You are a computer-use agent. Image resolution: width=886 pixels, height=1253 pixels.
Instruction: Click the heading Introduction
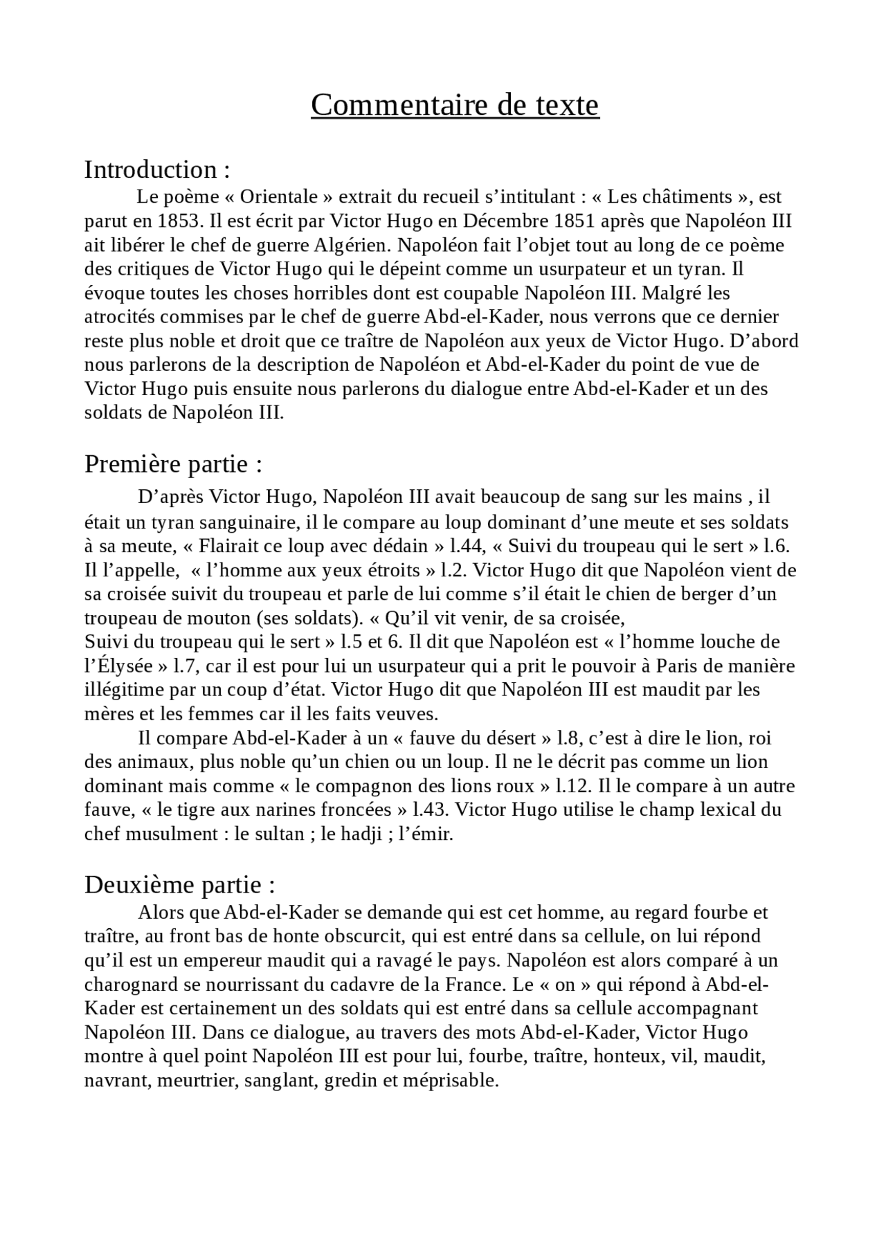pyautogui.click(x=156, y=170)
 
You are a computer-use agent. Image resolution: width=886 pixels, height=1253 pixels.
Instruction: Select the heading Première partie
pyautogui.click(x=173, y=464)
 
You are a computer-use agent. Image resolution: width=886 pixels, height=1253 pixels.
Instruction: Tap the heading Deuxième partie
pyautogui.click(x=180, y=885)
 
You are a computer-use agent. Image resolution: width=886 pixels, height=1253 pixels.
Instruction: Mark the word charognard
pyautogui.click(x=129, y=985)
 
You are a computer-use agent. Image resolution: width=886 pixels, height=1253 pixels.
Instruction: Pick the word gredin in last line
pyautogui.click(x=353, y=1081)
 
